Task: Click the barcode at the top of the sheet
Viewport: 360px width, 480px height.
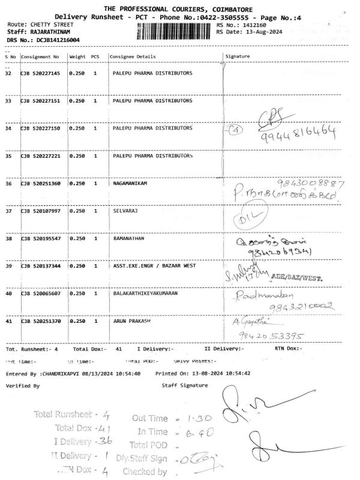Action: pos(175,31)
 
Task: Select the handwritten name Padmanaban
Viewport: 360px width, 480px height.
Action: pos(260,296)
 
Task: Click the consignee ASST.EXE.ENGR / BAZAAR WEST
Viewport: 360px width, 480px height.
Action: pos(154,265)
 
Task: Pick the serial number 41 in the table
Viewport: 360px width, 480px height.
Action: pos(8,322)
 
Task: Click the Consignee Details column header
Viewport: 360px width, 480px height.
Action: pos(132,57)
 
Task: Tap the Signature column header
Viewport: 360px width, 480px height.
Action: pos(238,57)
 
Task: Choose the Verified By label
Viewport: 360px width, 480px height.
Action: pos(23,385)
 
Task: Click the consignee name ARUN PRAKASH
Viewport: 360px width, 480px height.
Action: pos(132,322)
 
